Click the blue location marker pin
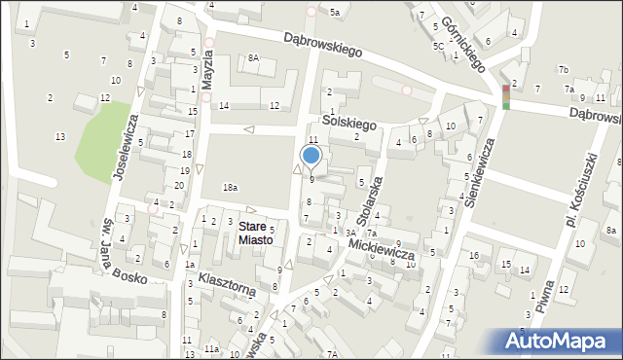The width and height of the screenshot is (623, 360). tap(311, 156)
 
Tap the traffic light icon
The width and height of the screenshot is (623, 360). tap(505, 96)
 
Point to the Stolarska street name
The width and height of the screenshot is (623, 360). tap(367, 199)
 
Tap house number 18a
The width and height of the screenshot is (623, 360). tap(230, 187)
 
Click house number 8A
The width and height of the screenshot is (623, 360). tap(253, 57)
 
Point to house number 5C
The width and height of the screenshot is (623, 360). tap(439, 46)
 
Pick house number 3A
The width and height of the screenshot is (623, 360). tap(349, 233)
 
